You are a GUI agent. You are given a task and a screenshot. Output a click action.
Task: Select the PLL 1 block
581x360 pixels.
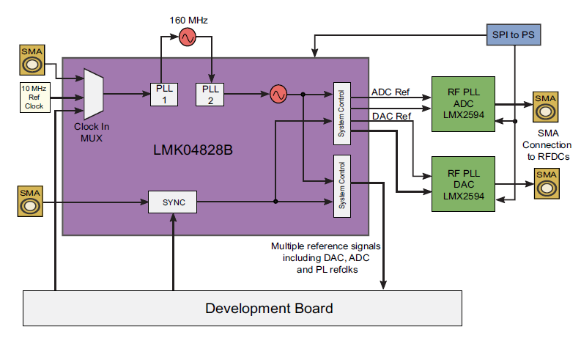[163, 94]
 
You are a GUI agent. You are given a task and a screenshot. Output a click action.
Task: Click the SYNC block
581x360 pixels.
[172, 202]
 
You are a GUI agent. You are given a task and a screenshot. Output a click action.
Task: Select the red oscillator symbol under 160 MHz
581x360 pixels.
[187, 37]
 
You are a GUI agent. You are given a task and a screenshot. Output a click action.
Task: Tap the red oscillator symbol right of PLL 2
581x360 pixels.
[278, 94]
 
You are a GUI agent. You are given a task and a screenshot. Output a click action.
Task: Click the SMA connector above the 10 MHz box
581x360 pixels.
[31, 61]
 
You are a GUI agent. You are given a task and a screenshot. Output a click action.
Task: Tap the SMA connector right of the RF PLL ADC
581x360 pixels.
[544, 107]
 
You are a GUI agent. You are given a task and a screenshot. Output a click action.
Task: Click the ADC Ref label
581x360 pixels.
[391, 93]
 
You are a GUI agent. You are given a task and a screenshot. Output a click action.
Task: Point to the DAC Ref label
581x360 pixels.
[391, 116]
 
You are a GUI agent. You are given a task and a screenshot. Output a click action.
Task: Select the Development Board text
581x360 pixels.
[269, 308]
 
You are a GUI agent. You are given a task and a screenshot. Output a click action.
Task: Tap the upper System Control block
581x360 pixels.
[341, 111]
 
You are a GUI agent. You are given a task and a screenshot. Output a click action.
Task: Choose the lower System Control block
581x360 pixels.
[341, 186]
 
